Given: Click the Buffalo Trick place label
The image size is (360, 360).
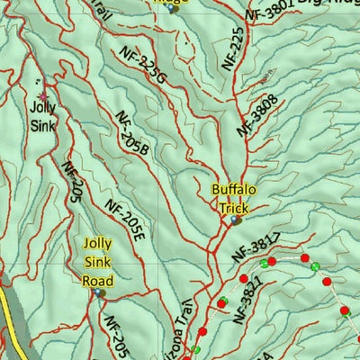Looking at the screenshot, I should pos(234,198).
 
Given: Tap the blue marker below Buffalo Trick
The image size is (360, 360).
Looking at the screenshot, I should pos(235,219).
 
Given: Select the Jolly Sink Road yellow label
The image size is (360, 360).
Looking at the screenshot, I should pos(97,262).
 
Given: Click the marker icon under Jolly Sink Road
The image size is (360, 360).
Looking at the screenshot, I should pos(98,292).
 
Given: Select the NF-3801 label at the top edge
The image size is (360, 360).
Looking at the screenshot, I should pos(269,11).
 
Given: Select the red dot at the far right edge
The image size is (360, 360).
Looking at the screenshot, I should pos(345,312).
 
